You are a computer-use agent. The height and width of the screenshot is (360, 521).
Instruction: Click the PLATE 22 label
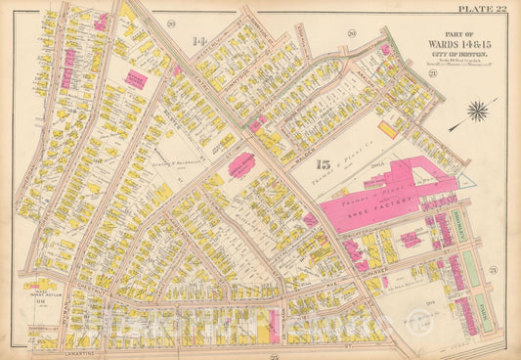point(482,9)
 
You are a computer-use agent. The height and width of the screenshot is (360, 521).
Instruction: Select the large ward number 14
point(198,41)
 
